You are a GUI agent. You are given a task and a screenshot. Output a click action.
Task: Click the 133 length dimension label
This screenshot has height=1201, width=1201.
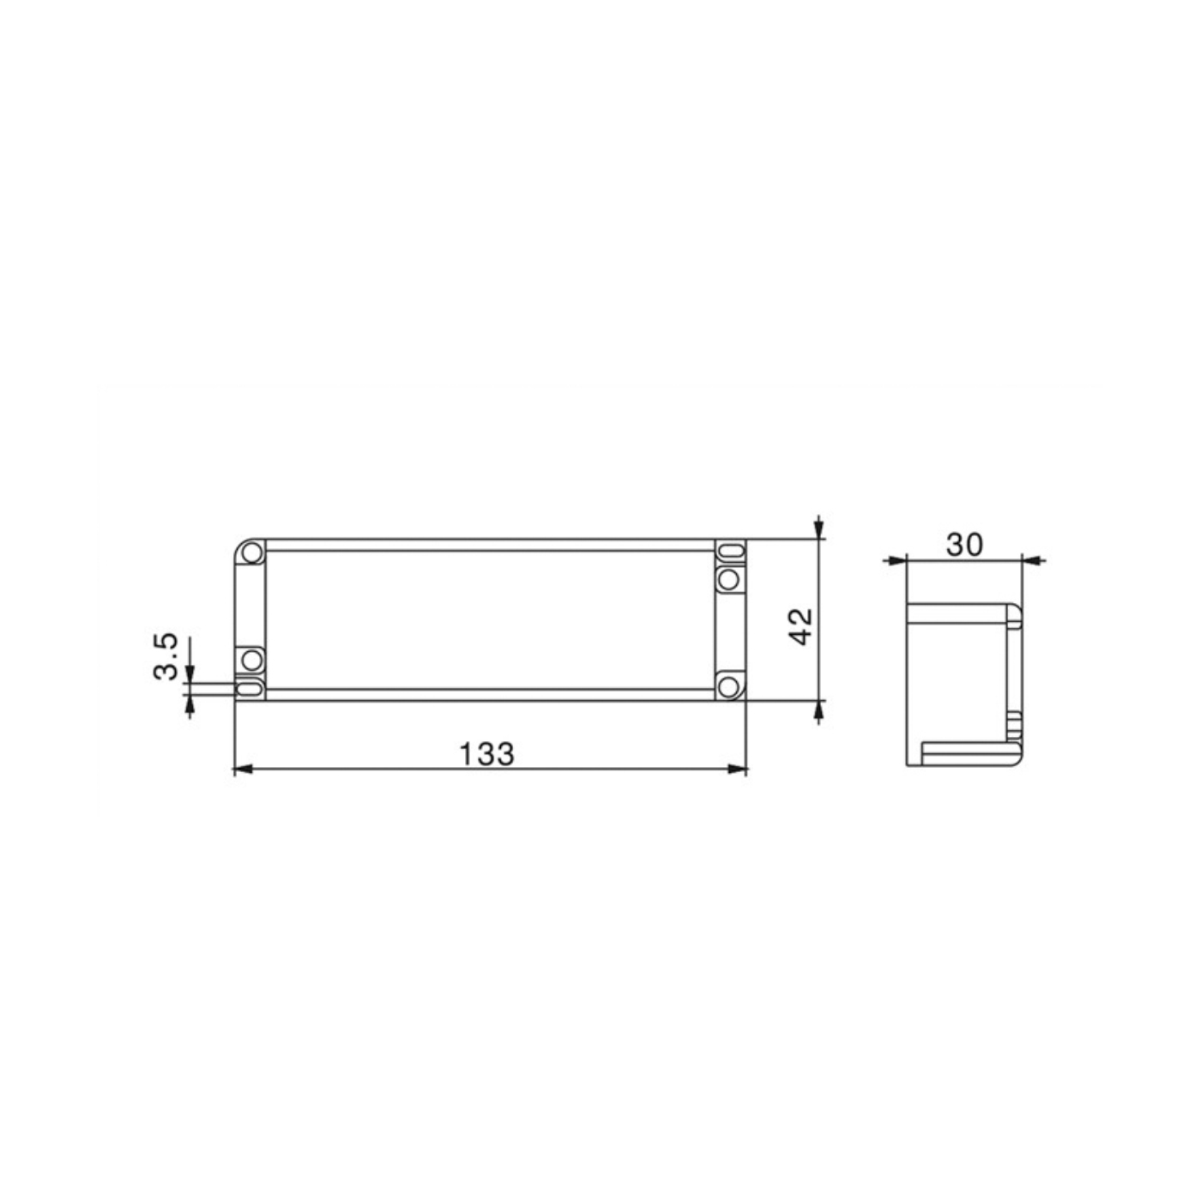pyautogui.click(x=486, y=754)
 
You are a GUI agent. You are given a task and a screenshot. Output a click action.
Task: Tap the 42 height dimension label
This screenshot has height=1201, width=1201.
pyautogui.click(x=801, y=626)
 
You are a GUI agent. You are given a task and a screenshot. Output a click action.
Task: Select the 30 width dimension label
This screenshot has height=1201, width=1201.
pyautogui.click(x=964, y=545)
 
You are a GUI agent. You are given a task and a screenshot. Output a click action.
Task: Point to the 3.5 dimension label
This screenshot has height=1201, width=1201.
pyautogui.click(x=166, y=657)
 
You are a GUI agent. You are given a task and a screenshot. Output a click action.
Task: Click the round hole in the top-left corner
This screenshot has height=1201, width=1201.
pyautogui.click(x=252, y=552)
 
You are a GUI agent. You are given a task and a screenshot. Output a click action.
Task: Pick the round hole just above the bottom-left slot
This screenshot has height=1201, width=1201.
pyautogui.click(x=252, y=659)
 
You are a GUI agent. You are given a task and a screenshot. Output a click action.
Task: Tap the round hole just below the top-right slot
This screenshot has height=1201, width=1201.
pyautogui.click(x=728, y=580)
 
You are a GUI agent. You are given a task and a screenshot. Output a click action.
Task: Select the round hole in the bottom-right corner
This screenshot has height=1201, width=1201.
pyautogui.click(x=728, y=687)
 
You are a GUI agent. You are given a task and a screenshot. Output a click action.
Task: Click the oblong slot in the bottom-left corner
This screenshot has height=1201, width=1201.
pyautogui.click(x=251, y=689)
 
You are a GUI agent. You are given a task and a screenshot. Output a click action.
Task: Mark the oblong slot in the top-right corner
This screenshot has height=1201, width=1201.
pyautogui.click(x=730, y=552)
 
